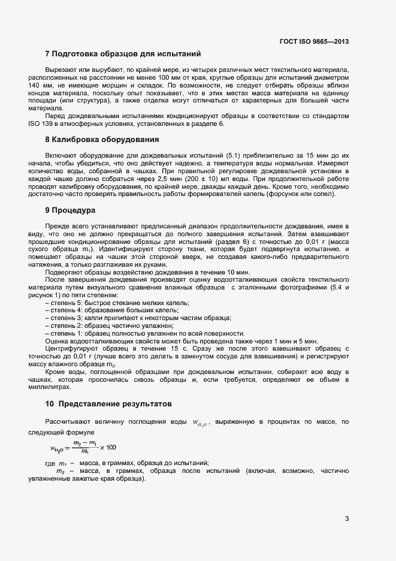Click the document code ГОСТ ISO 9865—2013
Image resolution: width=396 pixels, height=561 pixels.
point(314,42)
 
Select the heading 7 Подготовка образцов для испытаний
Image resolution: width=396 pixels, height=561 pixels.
point(122,54)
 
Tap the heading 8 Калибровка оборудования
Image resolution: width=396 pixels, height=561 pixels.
point(102,140)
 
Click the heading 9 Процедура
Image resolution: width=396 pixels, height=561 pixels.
point(71,210)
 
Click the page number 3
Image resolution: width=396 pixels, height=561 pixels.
point(347,519)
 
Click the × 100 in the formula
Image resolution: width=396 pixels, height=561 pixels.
point(108,447)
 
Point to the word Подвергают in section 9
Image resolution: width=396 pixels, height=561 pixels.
point(64,272)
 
